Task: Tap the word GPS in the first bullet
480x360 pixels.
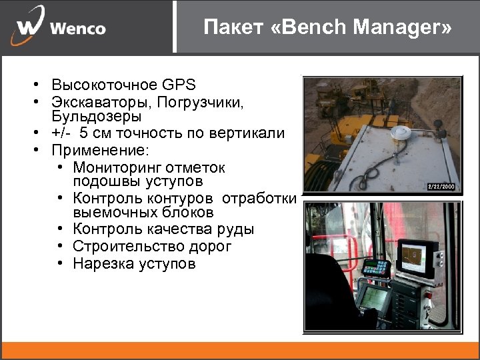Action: coord(178,85)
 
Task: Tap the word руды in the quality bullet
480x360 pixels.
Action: coord(237,229)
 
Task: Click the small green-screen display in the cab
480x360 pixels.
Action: coord(375,298)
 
